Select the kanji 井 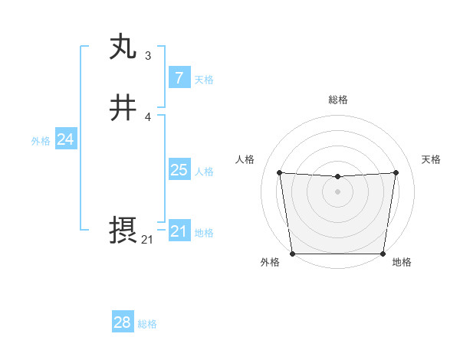click(123, 108)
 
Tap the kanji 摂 click(123, 231)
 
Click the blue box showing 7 click(179, 78)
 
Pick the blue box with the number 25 click(179, 170)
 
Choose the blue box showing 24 click(65, 139)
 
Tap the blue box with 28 click(122, 322)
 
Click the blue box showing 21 click(179, 231)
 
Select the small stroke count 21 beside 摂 click(147, 240)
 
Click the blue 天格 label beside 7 click(204, 80)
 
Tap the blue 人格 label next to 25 click(204, 172)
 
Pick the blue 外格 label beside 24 click(41, 141)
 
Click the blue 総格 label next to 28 click(147, 324)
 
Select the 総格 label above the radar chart click(337, 100)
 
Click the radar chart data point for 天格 click(396, 172)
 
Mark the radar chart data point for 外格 click(292, 254)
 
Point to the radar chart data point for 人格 click(279, 172)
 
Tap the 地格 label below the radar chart click(402, 263)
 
